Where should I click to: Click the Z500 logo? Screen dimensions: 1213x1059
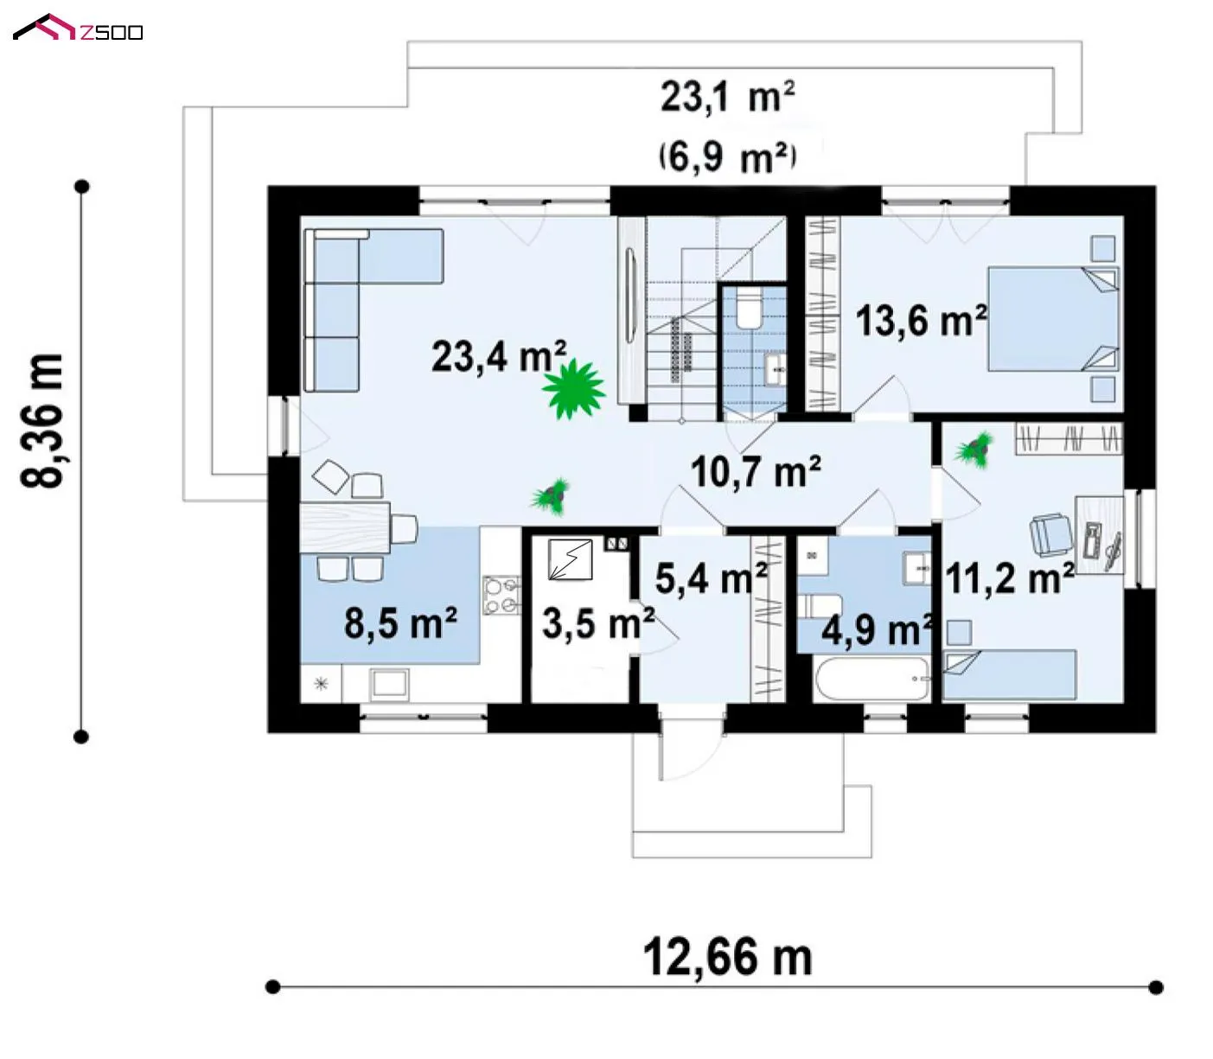coord(78,28)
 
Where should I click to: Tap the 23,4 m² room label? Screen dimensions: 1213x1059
coord(499,356)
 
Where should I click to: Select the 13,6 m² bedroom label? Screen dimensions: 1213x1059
coord(922,321)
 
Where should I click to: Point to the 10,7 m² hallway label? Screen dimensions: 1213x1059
coord(756,471)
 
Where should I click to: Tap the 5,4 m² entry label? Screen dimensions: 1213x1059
coord(712,577)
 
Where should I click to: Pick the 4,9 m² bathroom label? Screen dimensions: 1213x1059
coord(878,629)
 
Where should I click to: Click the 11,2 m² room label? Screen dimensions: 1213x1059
coord(1010,577)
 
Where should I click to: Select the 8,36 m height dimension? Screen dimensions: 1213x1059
coord(41,421)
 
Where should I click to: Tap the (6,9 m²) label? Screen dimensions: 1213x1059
coord(727,158)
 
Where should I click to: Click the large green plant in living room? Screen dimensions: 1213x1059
coord(573,389)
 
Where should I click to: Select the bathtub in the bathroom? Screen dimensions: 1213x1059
coord(872,678)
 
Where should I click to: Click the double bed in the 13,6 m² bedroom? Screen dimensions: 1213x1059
coord(1052,319)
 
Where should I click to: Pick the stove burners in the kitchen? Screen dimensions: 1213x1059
coord(501,596)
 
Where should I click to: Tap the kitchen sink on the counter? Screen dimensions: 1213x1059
coord(389,685)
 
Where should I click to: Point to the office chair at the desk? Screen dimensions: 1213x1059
coord(1050,535)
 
